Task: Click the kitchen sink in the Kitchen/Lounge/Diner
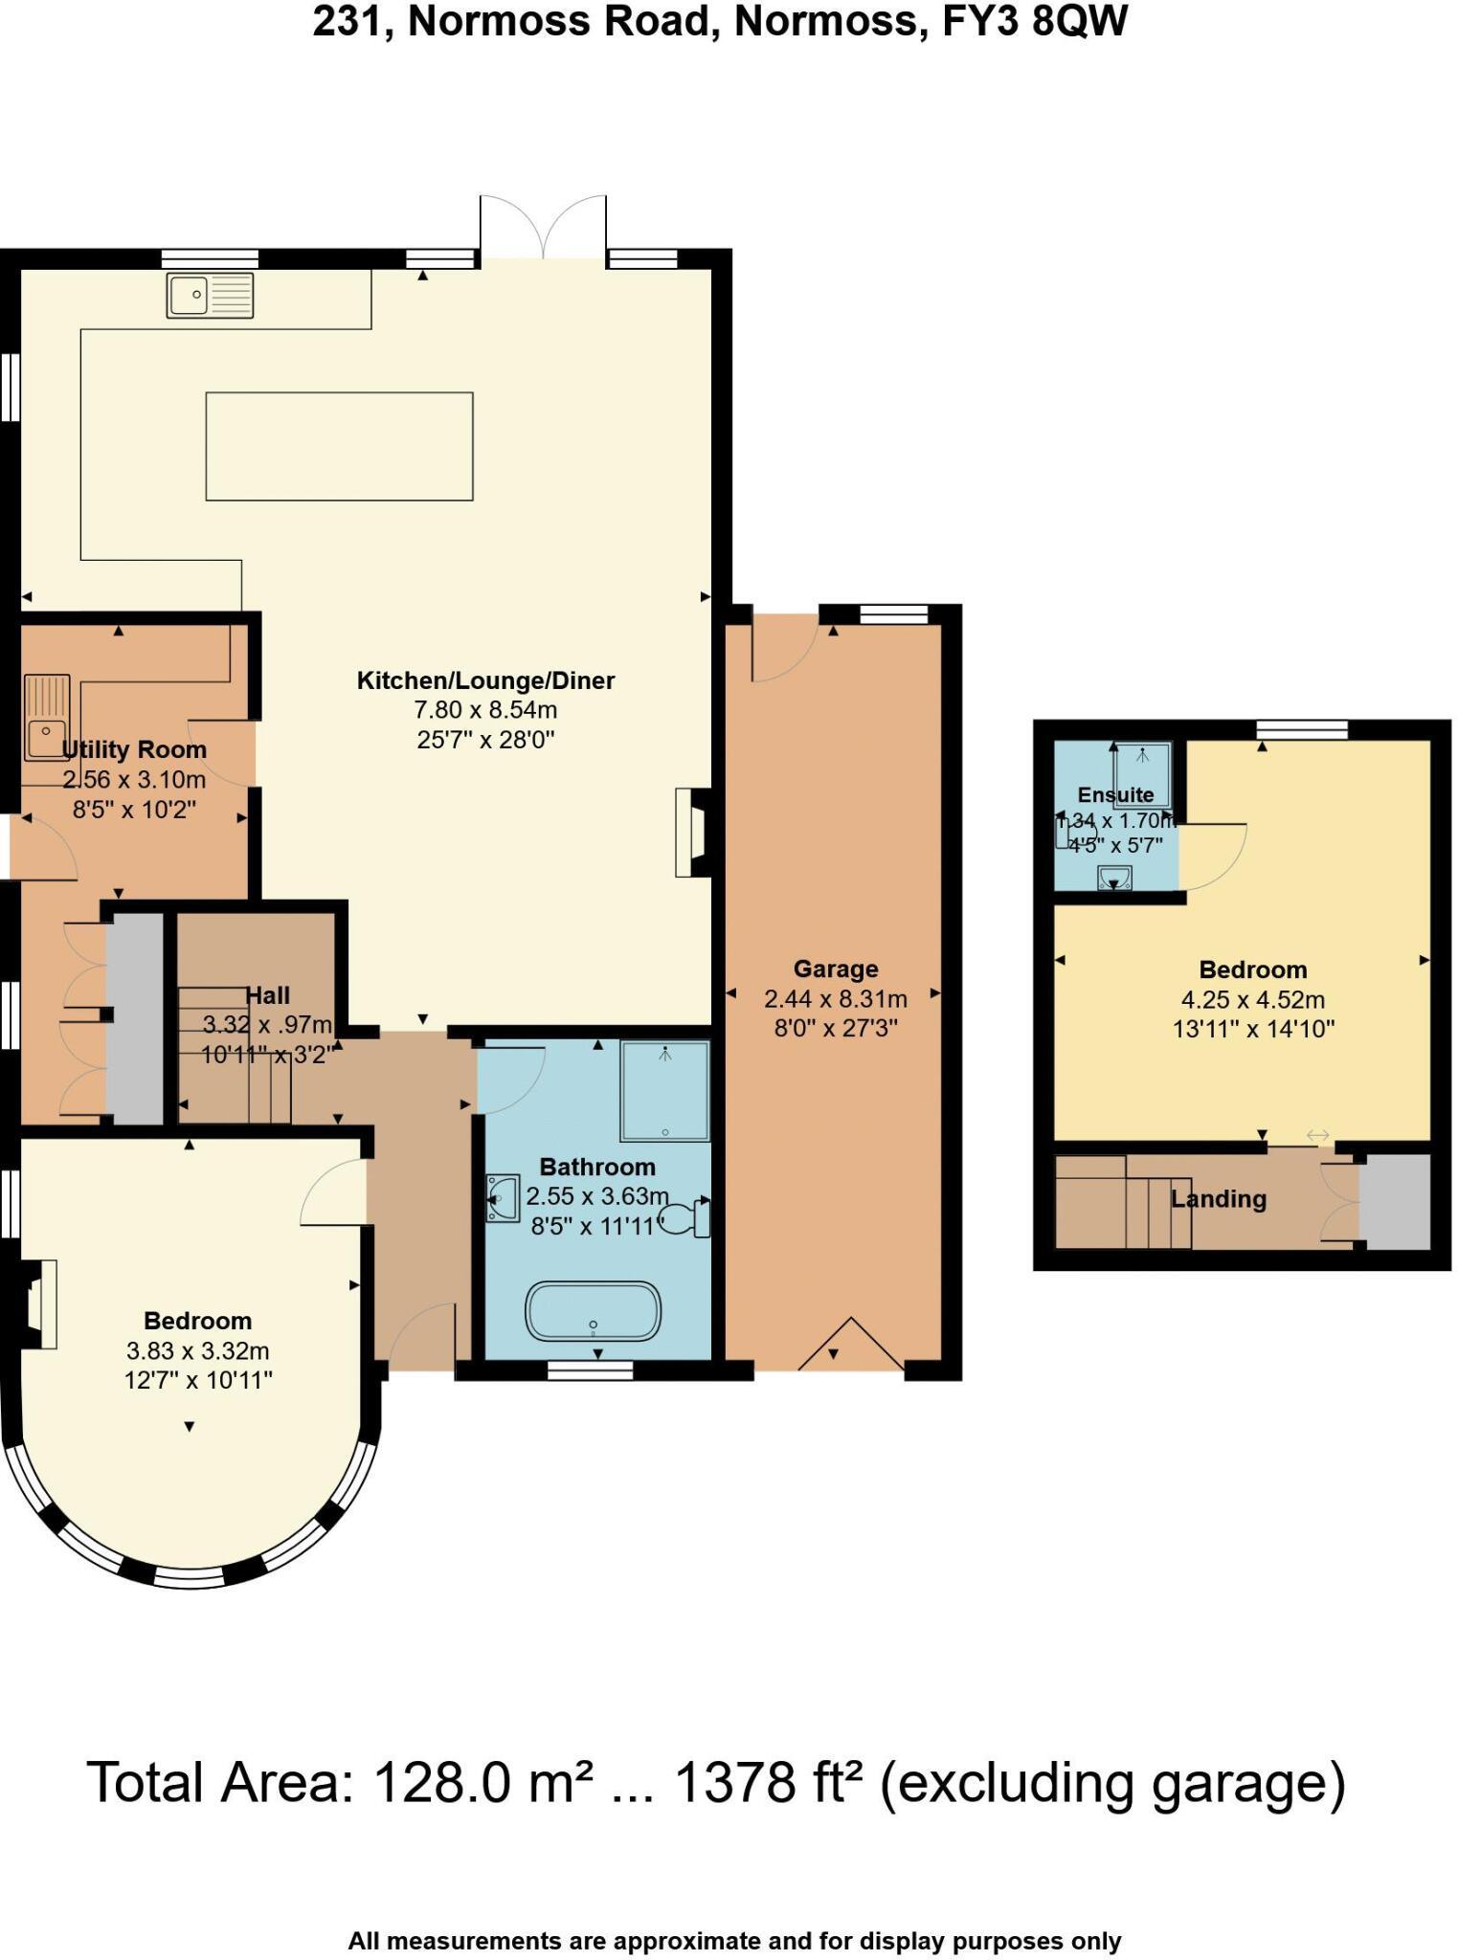[x=210, y=295]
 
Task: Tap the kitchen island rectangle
[x=339, y=446]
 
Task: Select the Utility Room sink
[x=47, y=718]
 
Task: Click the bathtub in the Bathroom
[x=593, y=1311]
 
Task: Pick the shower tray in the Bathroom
[x=665, y=1091]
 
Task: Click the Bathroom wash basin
[x=502, y=1199]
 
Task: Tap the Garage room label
[x=835, y=969]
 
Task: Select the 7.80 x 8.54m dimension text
[x=485, y=710]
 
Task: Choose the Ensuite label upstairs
[x=1115, y=794]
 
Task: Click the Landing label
[x=1218, y=1199]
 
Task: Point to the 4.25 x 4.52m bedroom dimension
[x=1252, y=1000]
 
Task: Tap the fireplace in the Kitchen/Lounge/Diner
[x=692, y=832]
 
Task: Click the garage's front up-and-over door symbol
[x=850, y=1346]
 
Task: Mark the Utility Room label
[x=134, y=749]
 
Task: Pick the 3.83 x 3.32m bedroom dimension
[x=197, y=1351]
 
